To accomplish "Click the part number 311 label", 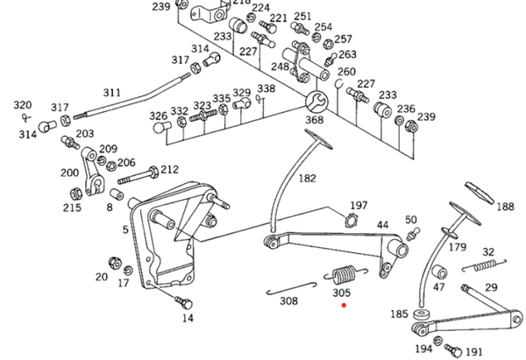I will tap(112, 92).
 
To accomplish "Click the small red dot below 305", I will tap(345, 306).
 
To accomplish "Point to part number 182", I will tap(307, 178).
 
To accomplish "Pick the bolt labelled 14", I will tap(185, 301).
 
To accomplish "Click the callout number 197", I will tap(359, 206).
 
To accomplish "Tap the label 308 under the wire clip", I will tap(288, 300).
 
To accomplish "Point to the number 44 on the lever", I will tap(382, 225).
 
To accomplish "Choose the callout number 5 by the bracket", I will tap(125, 229).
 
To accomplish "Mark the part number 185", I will tap(398, 313).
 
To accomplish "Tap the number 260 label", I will tap(347, 72).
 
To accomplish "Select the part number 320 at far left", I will tap(22, 104).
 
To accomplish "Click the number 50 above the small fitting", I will tap(411, 219).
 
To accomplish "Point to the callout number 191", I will tap(473, 350).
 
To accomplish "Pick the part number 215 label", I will tap(71, 208).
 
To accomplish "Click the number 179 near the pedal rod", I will tap(458, 247).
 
